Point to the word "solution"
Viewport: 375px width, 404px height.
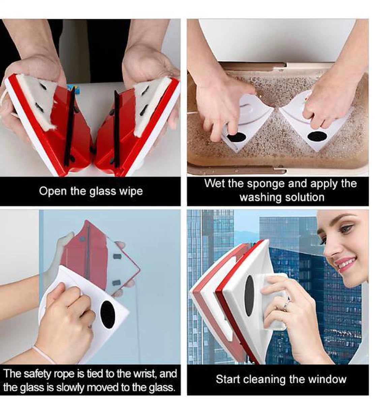[305, 197]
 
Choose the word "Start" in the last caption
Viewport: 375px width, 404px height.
[228, 379]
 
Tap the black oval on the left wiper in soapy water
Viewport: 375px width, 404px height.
[236, 138]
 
